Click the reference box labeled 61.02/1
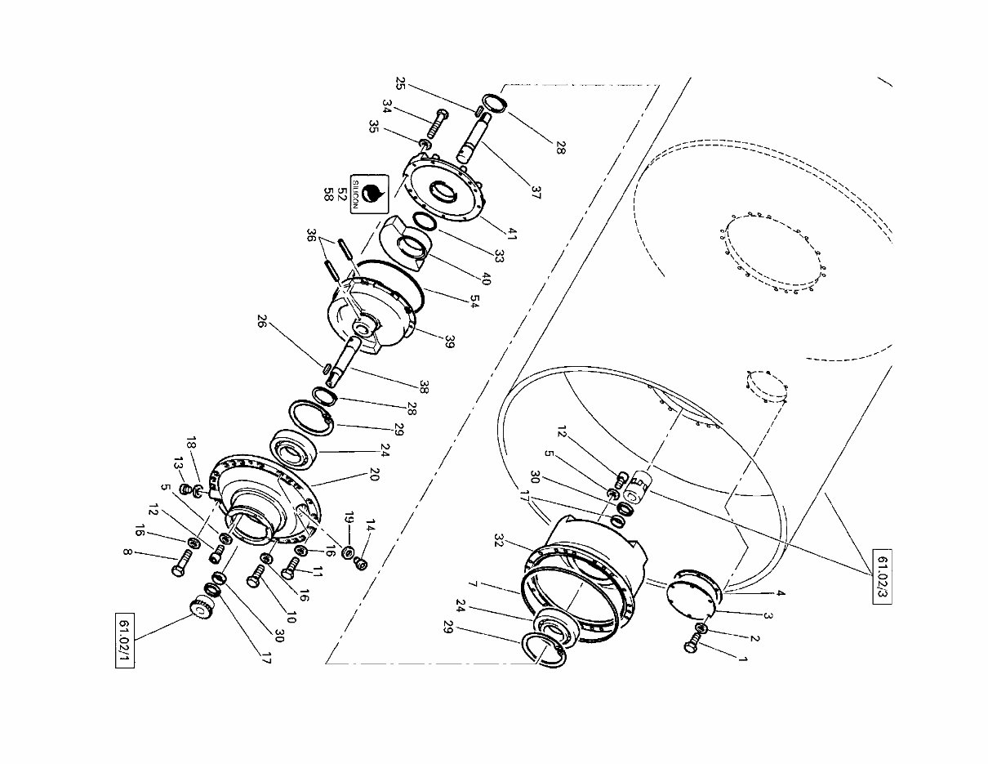[x=125, y=640]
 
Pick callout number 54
[x=474, y=301]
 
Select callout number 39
[x=449, y=342]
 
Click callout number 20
[x=374, y=474]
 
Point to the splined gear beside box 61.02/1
[x=201, y=610]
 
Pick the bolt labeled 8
[x=181, y=562]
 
